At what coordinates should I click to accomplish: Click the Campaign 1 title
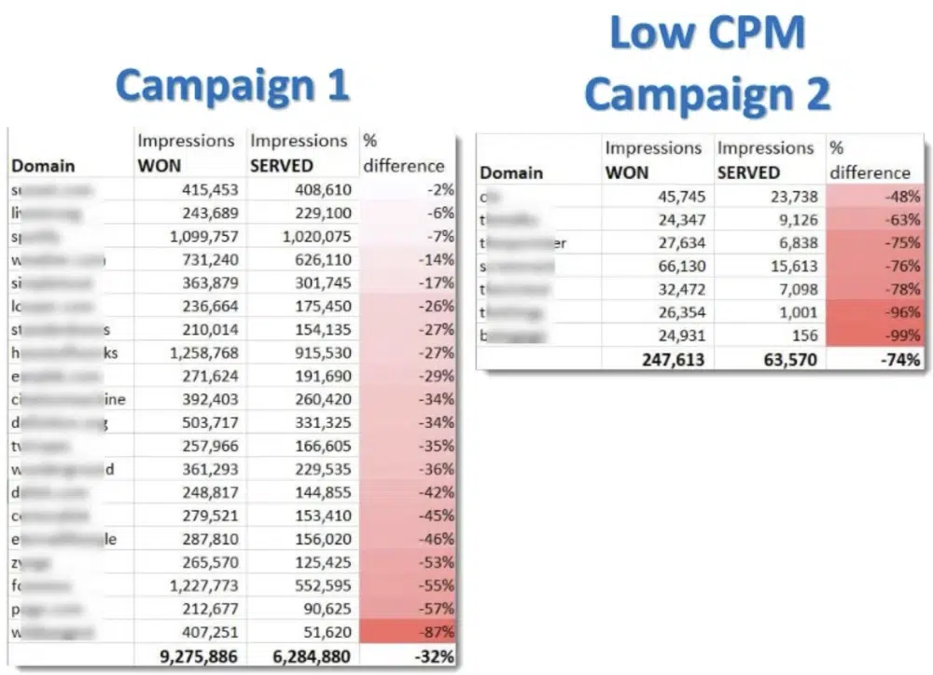click(x=232, y=86)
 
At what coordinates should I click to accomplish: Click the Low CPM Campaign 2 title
click(x=706, y=65)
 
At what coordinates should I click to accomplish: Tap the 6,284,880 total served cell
click(x=305, y=656)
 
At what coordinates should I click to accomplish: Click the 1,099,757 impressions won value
click(x=198, y=236)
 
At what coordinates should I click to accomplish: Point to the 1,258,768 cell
click(x=198, y=352)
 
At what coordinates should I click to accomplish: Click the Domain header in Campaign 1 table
click(x=44, y=166)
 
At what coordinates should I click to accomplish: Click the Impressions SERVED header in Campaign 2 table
click(x=766, y=159)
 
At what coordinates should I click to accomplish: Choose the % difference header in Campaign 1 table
click(x=402, y=153)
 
